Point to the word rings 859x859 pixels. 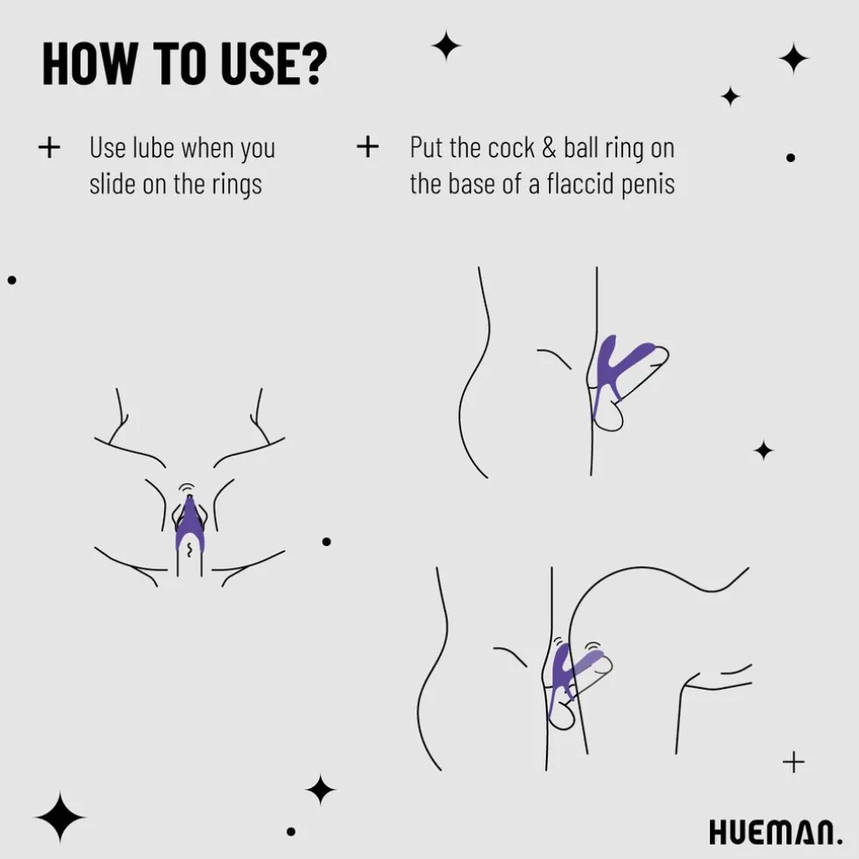coord(238,185)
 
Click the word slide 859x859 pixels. coord(113,183)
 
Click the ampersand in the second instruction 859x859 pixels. coord(549,148)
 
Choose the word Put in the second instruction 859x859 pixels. coord(427,148)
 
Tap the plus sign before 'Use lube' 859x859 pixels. coord(49,147)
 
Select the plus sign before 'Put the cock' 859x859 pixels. coord(367,147)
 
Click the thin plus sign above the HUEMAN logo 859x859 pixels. coord(794,762)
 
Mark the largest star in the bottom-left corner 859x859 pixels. coord(60,817)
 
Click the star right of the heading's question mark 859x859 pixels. coord(446,46)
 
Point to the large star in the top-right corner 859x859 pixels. coord(794,58)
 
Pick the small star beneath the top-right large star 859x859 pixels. coord(730,97)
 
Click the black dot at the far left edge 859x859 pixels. coord(12,280)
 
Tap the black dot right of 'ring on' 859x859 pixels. coord(791,158)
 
